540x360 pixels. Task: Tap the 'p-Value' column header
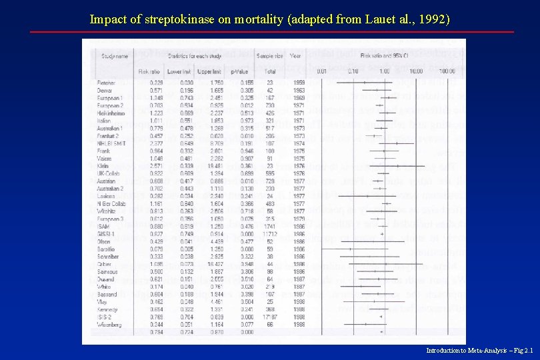click(x=240, y=71)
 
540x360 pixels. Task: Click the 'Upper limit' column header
click(x=210, y=71)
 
